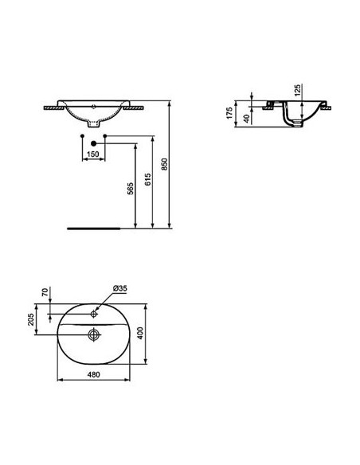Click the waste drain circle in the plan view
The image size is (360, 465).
click(94, 336)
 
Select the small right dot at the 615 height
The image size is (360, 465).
click(105, 138)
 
